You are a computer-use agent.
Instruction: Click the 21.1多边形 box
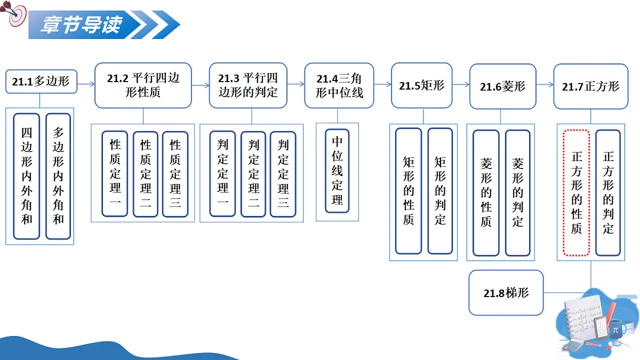42,82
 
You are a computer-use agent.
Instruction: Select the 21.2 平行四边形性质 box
143,85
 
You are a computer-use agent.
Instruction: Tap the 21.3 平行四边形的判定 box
248,85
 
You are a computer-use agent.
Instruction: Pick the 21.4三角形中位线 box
339,85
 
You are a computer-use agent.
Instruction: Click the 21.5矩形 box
422,85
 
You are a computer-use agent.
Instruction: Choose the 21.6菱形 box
503,86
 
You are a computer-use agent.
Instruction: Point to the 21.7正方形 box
591,86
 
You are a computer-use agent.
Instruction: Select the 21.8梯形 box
506,293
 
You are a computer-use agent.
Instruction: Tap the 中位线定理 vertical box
337,171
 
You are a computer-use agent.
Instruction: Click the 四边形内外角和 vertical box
27,177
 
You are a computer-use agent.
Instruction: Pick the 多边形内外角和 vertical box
58,177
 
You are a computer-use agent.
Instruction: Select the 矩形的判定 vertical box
441,191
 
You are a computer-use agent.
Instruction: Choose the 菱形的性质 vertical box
486,193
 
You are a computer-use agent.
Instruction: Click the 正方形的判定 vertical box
608,193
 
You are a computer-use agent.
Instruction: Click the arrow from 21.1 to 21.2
86,84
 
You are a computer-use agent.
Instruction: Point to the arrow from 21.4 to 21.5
382,84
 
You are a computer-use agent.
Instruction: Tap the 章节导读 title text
82,25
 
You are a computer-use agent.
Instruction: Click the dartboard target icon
14,14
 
